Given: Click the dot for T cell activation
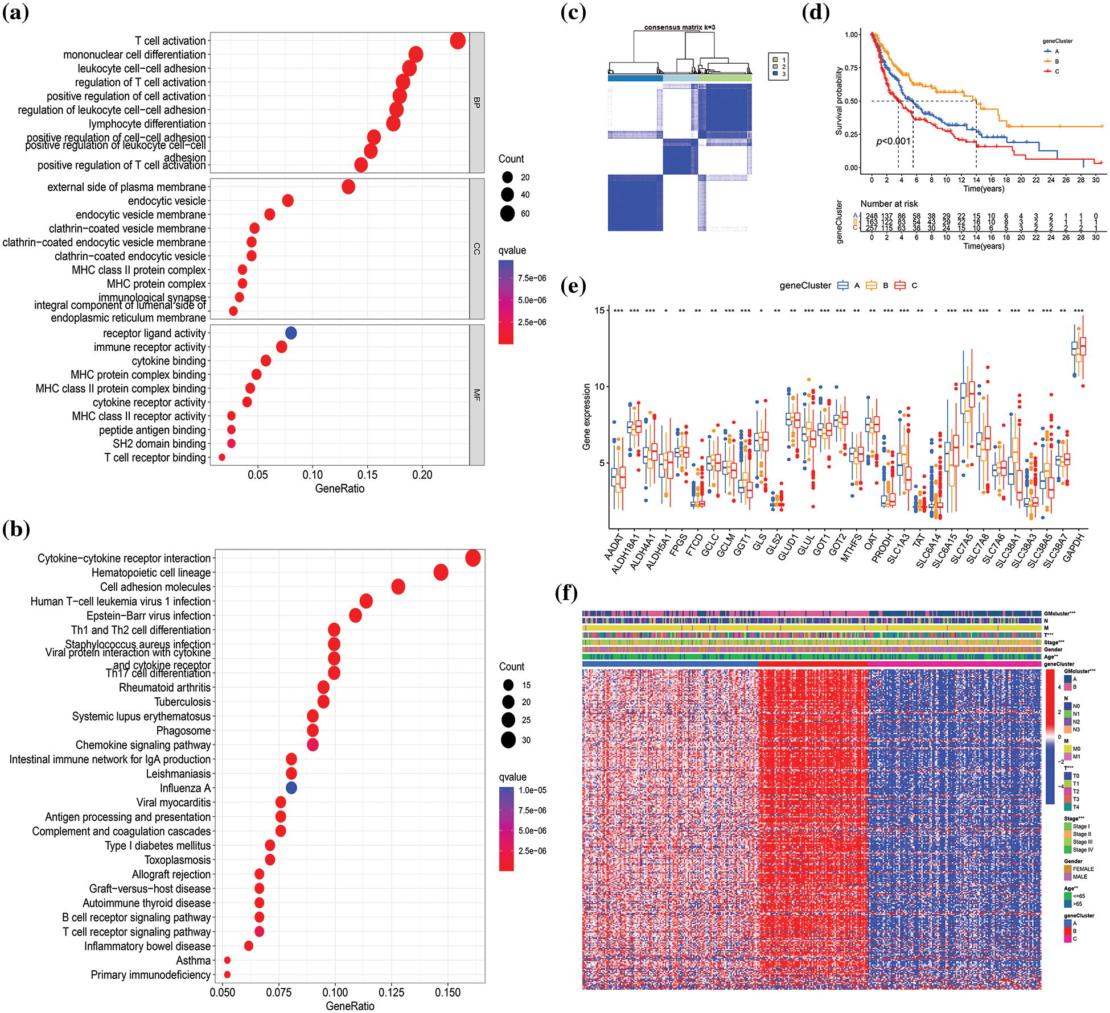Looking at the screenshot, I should tap(458, 41).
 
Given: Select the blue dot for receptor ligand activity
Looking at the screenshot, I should tap(291, 333).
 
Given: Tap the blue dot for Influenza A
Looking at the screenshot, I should tap(291, 788).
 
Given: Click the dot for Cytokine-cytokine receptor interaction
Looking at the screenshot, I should tap(472, 559).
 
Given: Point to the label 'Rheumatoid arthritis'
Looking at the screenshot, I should tap(165, 688).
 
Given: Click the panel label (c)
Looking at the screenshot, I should tap(573, 13).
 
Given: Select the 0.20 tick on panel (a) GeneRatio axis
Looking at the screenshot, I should tap(422, 475).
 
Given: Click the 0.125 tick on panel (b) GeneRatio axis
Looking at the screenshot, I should tap(392, 993).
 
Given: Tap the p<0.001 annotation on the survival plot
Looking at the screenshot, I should tap(893, 141).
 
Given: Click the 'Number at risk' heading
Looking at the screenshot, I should tap(889, 204).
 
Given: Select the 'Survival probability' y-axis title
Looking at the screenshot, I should tap(839, 101).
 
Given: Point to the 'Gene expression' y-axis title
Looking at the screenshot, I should tap(586, 416).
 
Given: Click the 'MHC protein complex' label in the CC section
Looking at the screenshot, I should tap(157, 284).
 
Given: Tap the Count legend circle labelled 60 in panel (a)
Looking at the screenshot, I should tap(508, 214).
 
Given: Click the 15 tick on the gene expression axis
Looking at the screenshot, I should tap(599, 311).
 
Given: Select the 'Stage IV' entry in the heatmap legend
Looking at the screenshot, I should tap(1083, 850).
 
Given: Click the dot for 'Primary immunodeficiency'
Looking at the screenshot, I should tap(227, 975).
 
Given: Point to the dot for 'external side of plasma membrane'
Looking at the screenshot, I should tap(348, 187).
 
